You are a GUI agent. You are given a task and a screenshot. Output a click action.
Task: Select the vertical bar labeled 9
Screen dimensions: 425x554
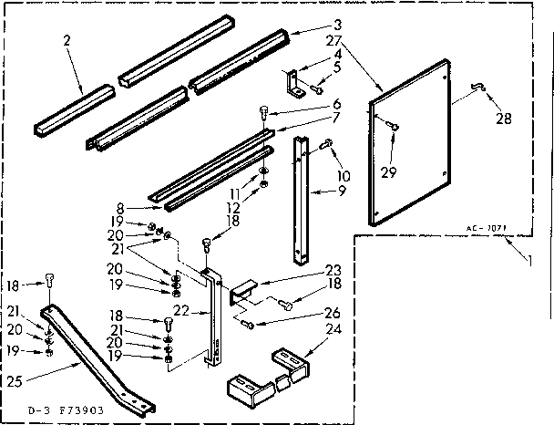point(299,196)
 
